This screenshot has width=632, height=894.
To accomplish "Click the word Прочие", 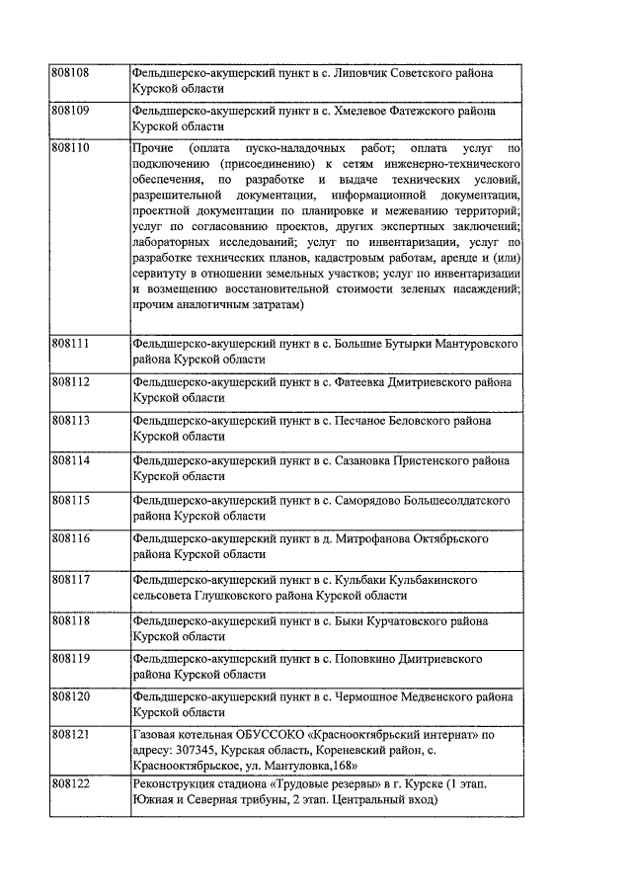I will point(151,148).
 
